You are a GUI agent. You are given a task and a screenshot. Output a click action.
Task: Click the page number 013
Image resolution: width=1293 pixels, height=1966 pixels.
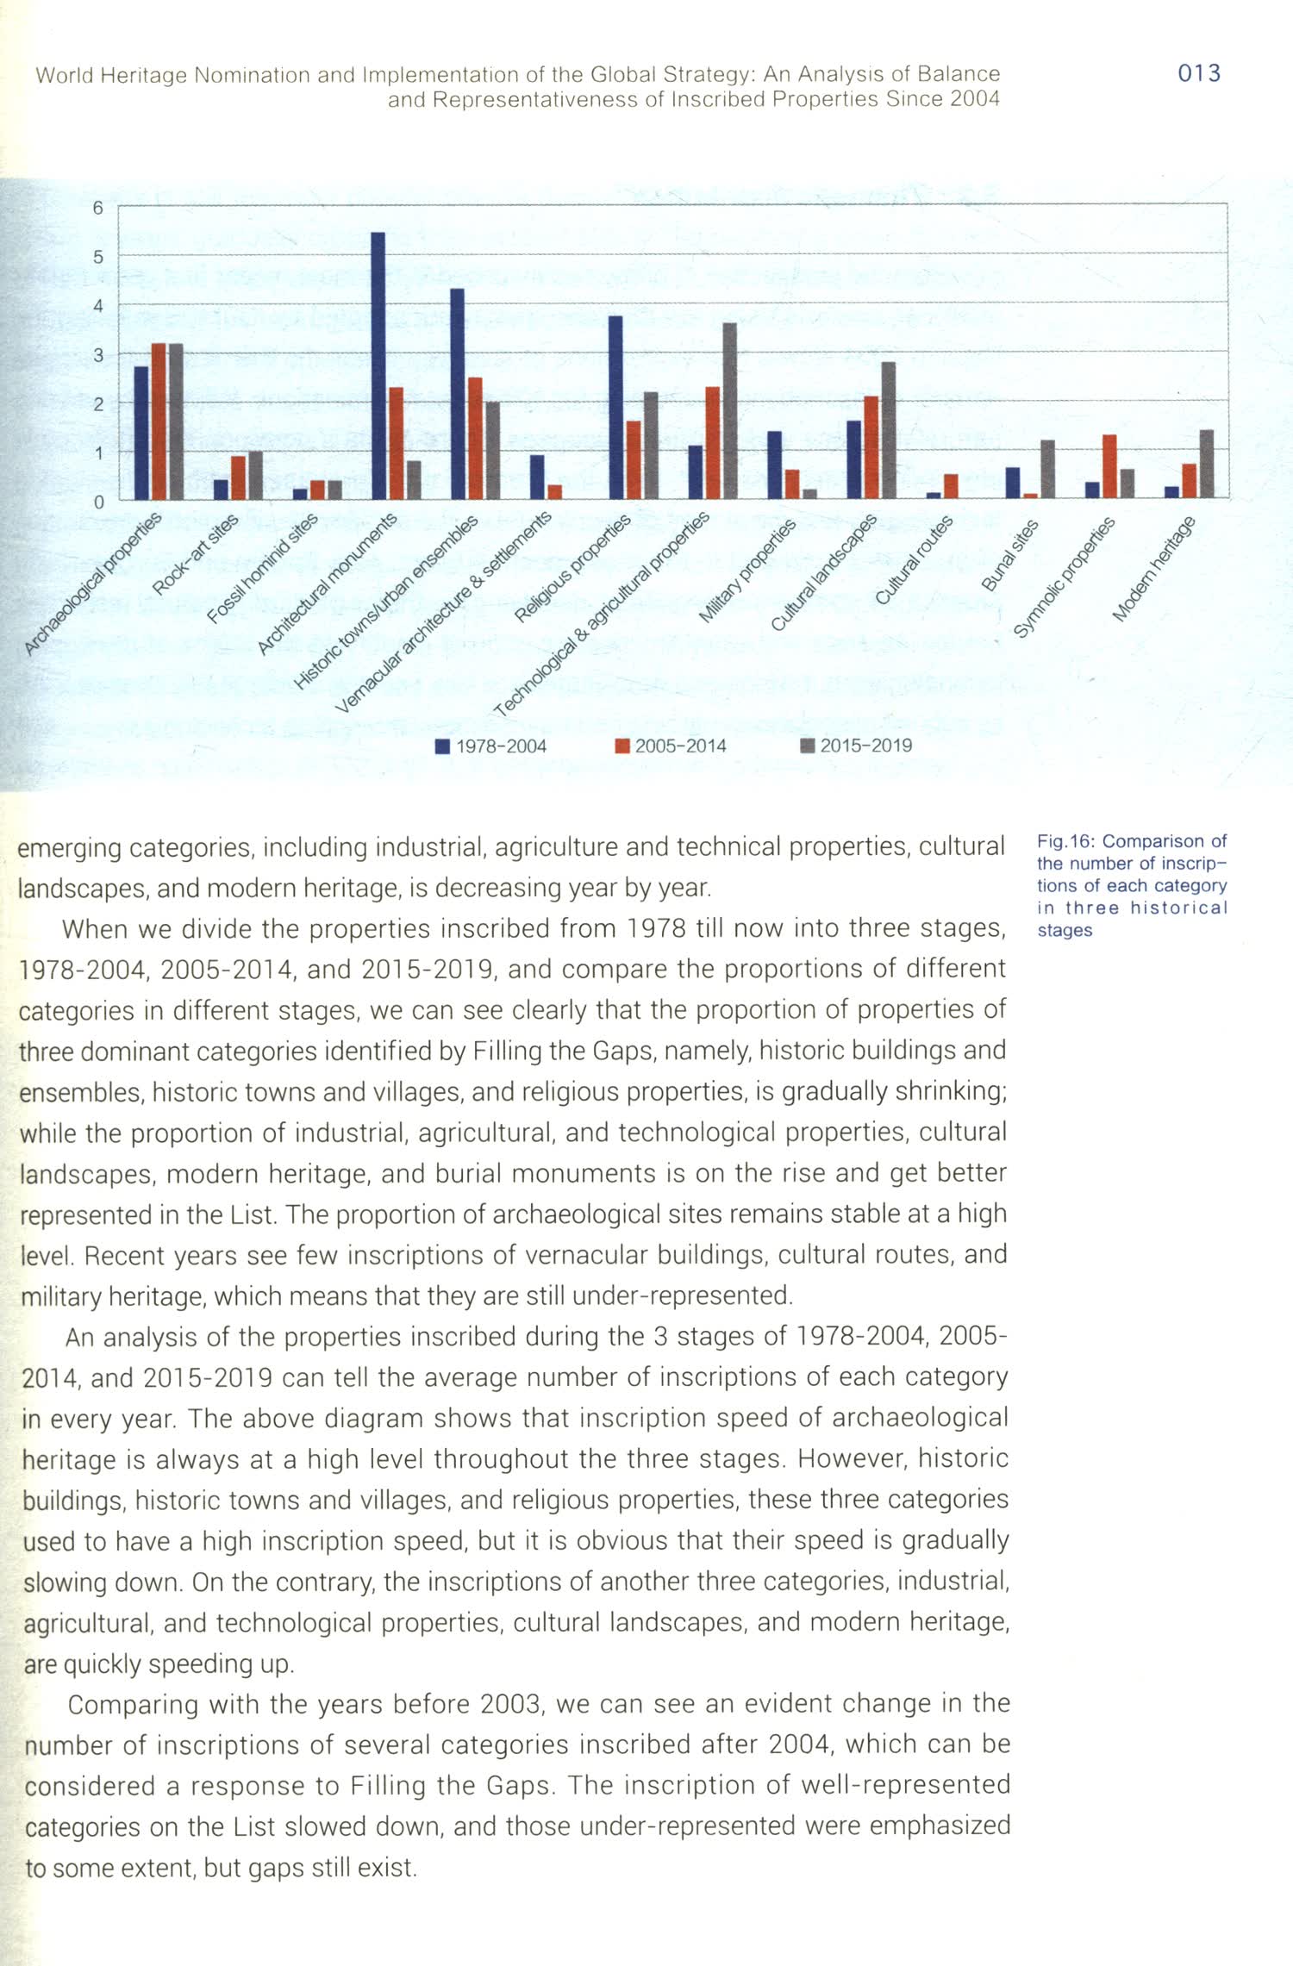[x=1198, y=73]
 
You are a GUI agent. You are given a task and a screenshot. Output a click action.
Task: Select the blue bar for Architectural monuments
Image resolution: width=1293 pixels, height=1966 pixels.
[x=378, y=365]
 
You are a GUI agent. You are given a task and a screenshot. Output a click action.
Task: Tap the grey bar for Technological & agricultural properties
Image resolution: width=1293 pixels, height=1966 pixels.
[x=729, y=410]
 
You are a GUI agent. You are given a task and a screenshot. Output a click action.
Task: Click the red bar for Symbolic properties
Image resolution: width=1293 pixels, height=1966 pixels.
[x=1109, y=466]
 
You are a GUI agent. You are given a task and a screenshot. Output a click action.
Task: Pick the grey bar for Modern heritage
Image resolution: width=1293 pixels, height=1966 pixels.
[x=1206, y=464]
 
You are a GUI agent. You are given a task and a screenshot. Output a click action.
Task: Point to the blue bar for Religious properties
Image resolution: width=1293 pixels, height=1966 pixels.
[x=615, y=407]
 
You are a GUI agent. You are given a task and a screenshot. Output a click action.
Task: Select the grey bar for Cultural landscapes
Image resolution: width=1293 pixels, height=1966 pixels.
[x=888, y=430]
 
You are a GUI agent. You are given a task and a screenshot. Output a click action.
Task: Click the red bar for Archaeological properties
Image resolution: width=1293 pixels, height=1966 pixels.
[x=159, y=421]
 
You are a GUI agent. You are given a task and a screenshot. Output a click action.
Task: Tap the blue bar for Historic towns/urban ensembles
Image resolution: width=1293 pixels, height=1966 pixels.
[x=457, y=393]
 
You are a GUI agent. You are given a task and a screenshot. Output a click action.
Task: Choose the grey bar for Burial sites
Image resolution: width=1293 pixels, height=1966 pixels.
[x=1047, y=469]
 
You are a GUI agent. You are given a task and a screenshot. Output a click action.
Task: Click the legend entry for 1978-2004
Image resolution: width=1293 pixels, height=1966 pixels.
[x=491, y=746]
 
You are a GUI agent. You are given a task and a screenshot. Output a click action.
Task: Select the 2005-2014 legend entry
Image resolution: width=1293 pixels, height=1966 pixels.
[x=671, y=746]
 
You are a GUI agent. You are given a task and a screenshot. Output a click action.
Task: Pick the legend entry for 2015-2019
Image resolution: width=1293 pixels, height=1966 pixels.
[x=856, y=746]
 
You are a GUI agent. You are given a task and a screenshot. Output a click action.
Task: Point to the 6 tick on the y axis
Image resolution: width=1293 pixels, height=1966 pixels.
[x=98, y=208]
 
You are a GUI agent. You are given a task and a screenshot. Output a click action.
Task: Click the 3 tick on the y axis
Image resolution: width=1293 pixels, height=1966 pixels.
[x=98, y=355]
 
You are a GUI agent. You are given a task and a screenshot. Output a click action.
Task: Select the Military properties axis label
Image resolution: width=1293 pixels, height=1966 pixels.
[x=746, y=571]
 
